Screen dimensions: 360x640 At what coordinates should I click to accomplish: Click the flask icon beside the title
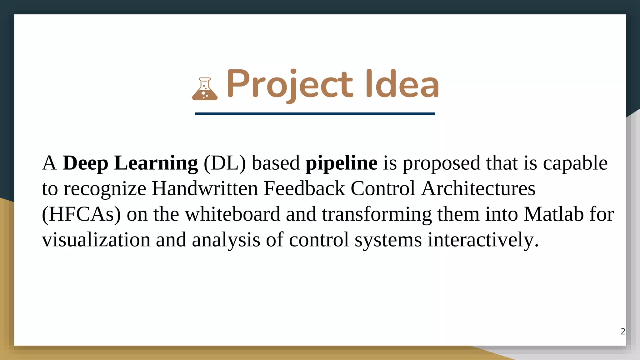click(x=205, y=89)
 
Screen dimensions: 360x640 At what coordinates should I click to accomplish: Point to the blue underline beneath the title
click(x=315, y=113)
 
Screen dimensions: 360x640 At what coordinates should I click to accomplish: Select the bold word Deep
click(x=85, y=163)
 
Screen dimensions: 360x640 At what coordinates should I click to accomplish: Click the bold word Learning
click(x=156, y=163)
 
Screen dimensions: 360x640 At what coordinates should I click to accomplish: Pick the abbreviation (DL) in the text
click(x=225, y=163)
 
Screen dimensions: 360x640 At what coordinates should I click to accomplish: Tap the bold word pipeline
click(x=341, y=163)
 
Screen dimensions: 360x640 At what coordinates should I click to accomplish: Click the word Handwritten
click(x=205, y=189)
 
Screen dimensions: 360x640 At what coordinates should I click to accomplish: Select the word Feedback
click(x=304, y=189)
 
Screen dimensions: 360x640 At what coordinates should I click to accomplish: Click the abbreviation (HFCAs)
click(x=81, y=214)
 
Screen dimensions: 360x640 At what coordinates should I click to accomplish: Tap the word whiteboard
click(x=232, y=214)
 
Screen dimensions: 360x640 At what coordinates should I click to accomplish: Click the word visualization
click(x=96, y=240)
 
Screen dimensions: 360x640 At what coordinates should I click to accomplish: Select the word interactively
click(x=483, y=240)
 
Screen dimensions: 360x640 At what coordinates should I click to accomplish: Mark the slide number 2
click(x=623, y=331)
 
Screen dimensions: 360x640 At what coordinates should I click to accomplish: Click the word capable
click(x=575, y=163)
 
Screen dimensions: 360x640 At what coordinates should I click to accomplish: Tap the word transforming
click(x=377, y=214)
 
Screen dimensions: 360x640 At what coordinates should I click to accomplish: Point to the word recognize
click(x=105, y=189)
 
